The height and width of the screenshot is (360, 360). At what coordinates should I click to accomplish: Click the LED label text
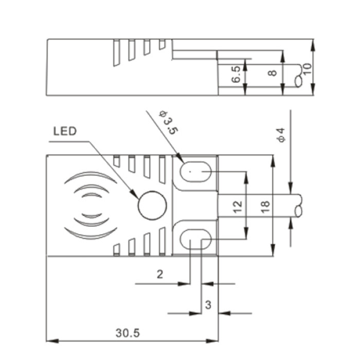[65, 131]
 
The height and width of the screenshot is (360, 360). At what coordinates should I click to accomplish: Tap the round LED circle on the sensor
[152, 205]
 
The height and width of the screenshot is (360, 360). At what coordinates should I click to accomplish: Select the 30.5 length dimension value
[128, 333]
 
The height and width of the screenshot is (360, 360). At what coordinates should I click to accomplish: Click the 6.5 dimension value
[236, 74]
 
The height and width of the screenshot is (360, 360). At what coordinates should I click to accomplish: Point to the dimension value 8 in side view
[273, 73]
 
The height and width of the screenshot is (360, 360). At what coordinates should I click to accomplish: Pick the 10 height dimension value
[308, 68]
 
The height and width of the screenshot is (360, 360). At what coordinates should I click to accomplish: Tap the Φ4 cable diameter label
[281, 135]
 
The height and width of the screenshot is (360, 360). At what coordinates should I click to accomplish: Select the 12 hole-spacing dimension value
[238, 207]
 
